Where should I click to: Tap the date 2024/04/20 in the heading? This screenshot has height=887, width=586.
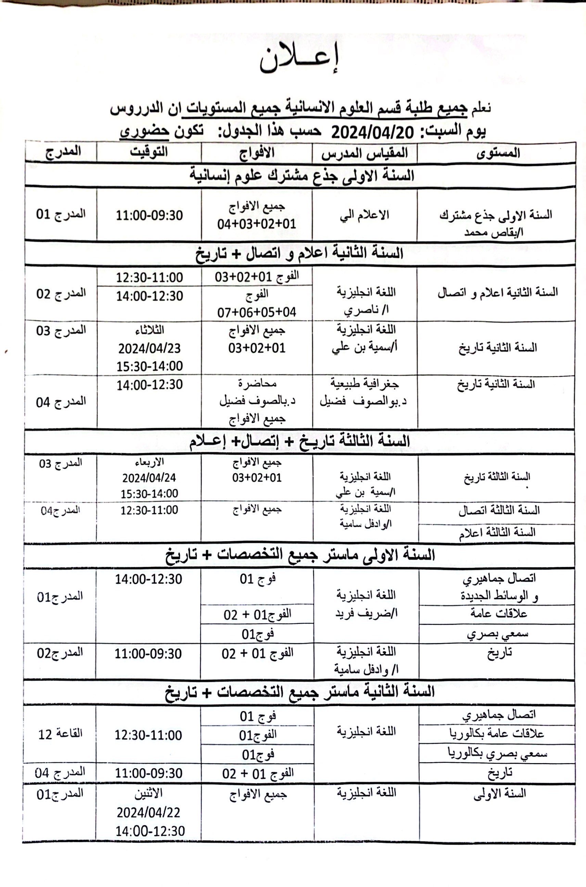pyautogui.click(x=373, y=132)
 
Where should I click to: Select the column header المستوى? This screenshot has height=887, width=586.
pyautogui.click(x=498, y=153)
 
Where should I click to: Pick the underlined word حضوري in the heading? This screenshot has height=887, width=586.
pyautogui.click(x=144, y=131)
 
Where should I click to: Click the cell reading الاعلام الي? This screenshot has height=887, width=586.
pyautogui.click(x=365, y=215)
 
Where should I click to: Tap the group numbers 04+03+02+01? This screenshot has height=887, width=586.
pyautogui.click(x=257, y=224)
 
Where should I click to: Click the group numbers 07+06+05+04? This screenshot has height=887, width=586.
pyautogui.click(x=257, y=312)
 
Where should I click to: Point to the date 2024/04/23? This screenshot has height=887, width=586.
pyautogui.click(x=150, y=349)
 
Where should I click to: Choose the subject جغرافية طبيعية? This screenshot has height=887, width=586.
pyautogui.click(x=365, y=383)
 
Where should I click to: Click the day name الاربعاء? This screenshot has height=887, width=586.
pyautogui.click(x=150, y=462)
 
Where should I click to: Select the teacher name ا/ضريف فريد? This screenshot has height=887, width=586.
pyautogui.click(x=366, y=613)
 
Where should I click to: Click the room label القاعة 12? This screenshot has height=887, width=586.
pyautogui.click(x=60, y=734)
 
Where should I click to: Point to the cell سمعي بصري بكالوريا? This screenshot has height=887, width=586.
pyautogui.click(x=497, y=753)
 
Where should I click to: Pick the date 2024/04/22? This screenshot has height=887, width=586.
pyautogui.click(x=148, y=812)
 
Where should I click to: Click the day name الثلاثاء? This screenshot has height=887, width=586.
pyautogui.click(x=150, y=330)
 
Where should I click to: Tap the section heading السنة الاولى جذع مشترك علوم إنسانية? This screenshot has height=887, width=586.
pyautogui.click(x=302, y=175)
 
